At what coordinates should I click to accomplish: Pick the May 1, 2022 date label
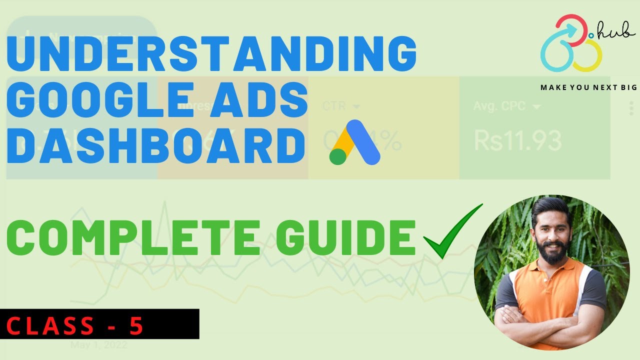point(98,345)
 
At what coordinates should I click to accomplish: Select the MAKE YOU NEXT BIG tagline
point(588,87)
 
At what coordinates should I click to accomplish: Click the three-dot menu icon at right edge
point(631,108)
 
